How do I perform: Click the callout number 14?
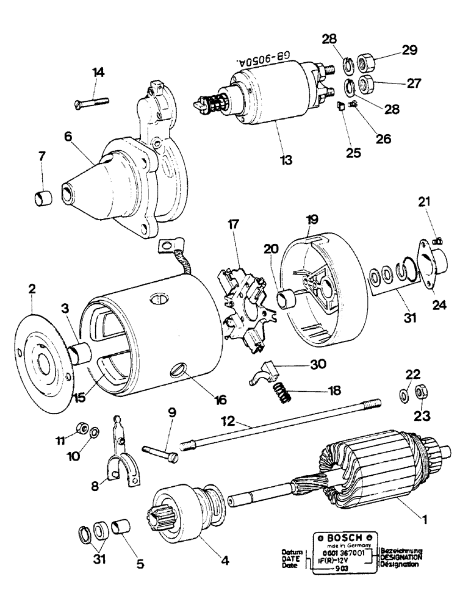coord(98,72)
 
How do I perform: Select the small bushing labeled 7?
coord(41,198)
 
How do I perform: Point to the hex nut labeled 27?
coord(368,82)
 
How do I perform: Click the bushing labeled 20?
coord(287,300)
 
